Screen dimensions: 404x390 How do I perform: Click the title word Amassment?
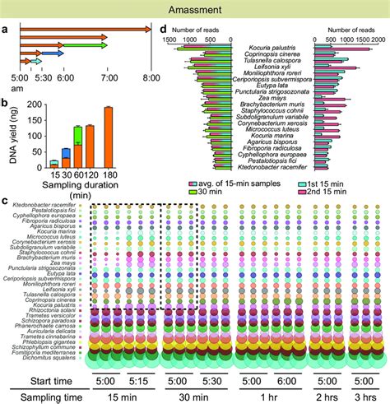194,8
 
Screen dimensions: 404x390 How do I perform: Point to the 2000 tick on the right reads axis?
376,39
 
